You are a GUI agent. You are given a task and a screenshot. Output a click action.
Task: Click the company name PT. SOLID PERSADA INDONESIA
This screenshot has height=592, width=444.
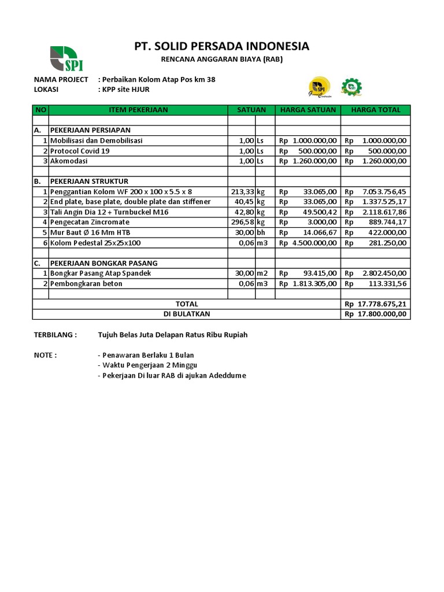click(x=221, y=46)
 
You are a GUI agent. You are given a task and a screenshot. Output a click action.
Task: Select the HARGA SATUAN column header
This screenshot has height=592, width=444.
click(x=308, y=110)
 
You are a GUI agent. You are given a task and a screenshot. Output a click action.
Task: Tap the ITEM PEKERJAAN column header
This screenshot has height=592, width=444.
click(x=138, y=110)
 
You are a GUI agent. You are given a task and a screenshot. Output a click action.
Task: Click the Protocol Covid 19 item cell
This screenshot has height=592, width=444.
click(x=80, y=151)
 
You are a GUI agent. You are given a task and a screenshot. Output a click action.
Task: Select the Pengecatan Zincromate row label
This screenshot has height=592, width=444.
click(x=90, y=222)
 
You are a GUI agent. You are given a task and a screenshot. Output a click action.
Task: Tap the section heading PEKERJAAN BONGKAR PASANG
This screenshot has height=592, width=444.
click(x=103, y=263)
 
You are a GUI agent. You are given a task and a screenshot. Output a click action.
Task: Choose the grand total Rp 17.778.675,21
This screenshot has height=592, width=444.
click(x=376, y=304)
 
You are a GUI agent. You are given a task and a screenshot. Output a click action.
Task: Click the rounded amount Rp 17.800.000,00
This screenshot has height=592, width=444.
click(x=376, y=314)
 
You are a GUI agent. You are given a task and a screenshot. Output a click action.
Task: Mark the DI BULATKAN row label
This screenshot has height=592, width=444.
click(x=186, y=314)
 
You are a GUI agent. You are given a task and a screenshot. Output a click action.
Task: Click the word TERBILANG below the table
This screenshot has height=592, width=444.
click(x=55, y=335)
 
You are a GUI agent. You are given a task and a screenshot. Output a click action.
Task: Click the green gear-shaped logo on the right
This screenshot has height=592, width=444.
click(x=350, y=87)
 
